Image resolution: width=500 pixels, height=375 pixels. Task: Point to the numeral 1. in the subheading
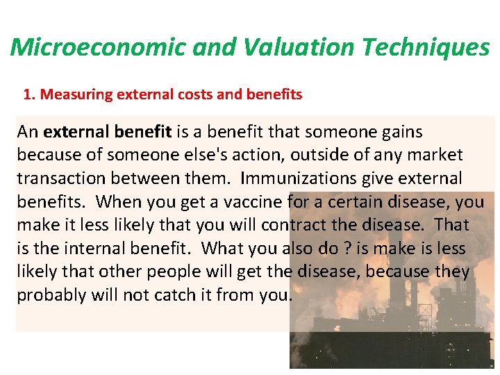[x=30, y=94]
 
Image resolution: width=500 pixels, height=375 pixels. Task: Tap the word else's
[x=194, y=156]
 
